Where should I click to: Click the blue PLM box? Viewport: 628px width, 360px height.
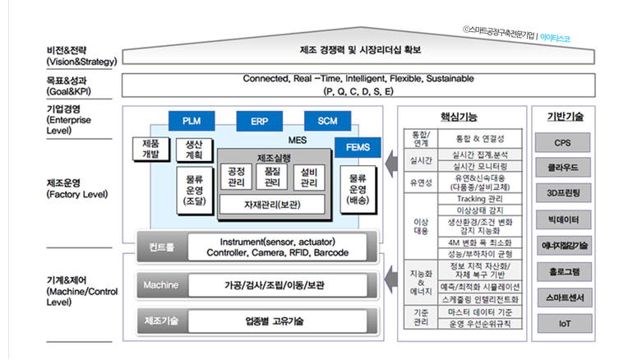point(191,121)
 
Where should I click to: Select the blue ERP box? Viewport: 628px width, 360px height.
point(259,121)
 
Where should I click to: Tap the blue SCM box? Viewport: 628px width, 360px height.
point(327,121)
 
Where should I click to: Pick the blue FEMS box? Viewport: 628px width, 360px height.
point(358,148)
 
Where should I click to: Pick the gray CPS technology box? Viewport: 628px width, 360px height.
point(563,142)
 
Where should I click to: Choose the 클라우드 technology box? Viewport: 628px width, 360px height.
point(563,168)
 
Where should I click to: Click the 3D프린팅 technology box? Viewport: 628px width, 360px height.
point(563,194)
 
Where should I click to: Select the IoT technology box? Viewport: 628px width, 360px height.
point(563,323)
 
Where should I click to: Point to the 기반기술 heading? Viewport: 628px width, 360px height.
point(563,117)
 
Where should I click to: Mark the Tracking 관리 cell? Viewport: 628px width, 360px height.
point(480,198)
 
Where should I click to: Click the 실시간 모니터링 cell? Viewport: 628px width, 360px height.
point(480,165)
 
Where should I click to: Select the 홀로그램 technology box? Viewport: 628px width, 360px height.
point(563,271)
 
